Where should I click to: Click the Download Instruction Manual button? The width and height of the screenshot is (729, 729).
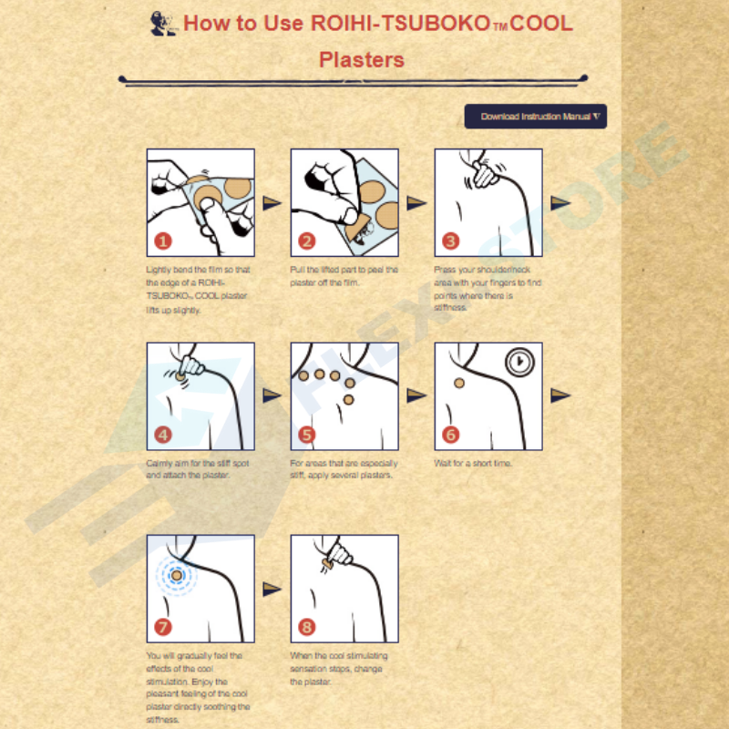536,117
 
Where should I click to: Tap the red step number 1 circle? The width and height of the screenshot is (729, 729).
162,241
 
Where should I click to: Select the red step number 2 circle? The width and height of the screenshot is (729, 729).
306,241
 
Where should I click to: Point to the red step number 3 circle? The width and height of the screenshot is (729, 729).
450,241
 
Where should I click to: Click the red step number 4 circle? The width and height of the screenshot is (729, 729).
162,435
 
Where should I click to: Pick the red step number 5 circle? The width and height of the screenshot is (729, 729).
306,435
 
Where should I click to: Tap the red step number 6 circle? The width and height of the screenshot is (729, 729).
450,435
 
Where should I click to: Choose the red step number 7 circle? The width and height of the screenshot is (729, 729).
162,627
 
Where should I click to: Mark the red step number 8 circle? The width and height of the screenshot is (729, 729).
306,627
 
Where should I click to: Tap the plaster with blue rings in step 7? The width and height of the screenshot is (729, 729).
176,575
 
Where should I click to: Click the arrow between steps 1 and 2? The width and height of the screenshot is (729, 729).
272,202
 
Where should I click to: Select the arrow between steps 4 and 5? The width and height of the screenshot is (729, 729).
272,395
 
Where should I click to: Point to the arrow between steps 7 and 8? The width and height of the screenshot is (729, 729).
272,590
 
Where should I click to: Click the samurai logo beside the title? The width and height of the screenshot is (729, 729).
162,23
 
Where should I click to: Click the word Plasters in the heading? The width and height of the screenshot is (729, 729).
362,60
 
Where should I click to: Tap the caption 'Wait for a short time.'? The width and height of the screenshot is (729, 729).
473,464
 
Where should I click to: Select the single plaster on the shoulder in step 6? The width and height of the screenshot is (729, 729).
459,383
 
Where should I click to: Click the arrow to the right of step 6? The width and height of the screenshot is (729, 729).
560,395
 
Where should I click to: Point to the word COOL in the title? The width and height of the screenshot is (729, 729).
541,23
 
